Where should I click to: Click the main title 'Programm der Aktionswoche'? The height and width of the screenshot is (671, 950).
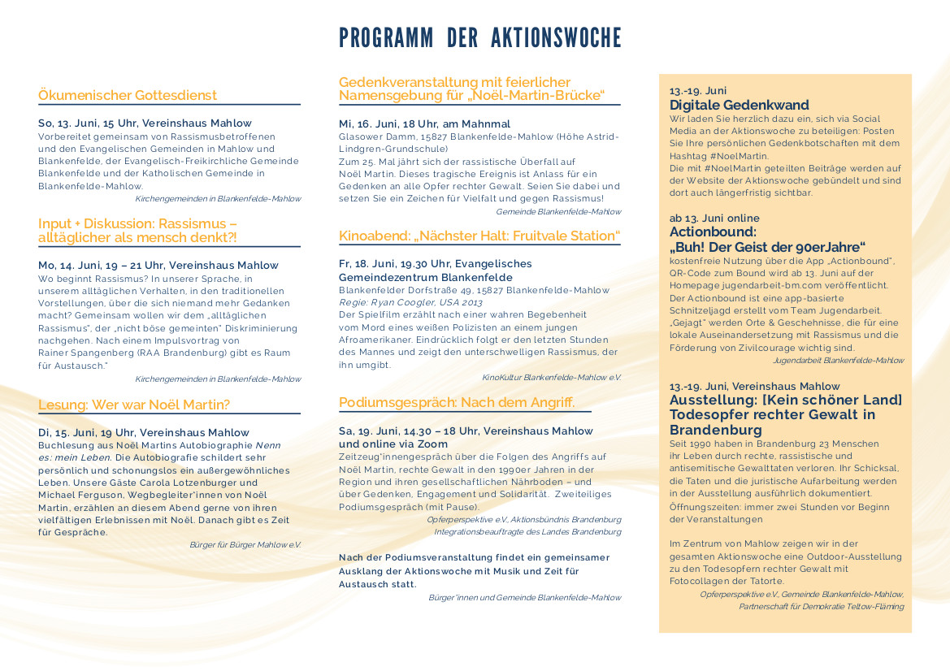tap(479, 37)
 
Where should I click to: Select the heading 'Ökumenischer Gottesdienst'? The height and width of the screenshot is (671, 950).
tap(128, 95)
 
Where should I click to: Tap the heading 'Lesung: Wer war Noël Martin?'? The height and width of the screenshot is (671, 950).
tap(134, 405)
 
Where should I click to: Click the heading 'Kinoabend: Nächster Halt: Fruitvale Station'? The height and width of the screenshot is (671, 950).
tap(479, 236)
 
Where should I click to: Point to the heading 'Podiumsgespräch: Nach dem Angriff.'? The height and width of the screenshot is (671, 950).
tap(457, 402)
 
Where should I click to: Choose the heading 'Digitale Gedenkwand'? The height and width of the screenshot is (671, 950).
tap(739, 105)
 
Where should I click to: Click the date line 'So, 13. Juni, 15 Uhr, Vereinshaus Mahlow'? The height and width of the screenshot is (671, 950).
tap(145, 123)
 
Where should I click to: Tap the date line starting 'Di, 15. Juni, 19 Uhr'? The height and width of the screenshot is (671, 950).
tap(144, 432)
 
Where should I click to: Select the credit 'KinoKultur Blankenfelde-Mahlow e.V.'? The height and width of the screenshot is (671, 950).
tap(551, 378)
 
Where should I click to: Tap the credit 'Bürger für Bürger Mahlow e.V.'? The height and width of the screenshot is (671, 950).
tap(245, 544)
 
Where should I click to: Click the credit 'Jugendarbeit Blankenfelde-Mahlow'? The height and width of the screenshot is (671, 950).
tap(838, 360)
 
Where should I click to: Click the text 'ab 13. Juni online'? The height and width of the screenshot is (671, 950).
tap(714, 218)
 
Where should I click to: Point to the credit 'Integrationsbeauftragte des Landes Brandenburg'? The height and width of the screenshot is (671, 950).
tap(527, 531)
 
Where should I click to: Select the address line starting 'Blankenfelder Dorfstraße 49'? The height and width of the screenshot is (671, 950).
tap(474, 290)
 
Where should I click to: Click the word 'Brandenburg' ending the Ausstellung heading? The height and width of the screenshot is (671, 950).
tap(715, 430)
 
